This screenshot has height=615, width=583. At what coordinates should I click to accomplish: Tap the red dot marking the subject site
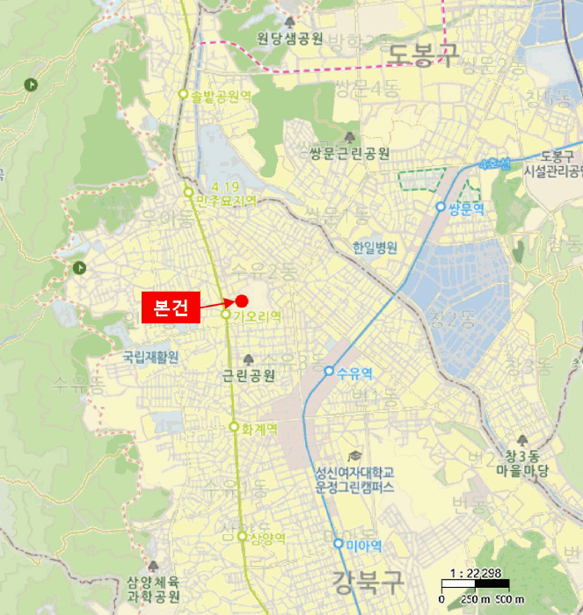click(x=242, y=300)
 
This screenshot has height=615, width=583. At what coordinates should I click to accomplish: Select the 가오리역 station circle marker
click(x=226, y=315)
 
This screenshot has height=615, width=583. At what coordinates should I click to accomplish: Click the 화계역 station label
click(x=259, y=429)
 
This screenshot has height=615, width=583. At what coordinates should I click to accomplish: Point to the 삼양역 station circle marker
click(x=242, y=536)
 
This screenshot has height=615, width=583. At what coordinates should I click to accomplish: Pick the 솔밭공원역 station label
click(x=221, y=95)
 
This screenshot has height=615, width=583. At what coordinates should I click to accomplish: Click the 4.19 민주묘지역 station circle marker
click(x=188, y=192)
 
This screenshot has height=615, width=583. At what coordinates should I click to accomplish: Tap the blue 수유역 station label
click(x=354, y=373)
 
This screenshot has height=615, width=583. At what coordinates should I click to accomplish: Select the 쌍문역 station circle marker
click(x=441, y=207)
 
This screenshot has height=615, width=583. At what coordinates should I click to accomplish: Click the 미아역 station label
click(x=363, y=546)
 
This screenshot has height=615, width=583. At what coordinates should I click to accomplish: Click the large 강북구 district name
click(x=367, y=580)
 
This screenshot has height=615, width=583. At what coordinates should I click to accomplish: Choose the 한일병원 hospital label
click(x=374, y=248)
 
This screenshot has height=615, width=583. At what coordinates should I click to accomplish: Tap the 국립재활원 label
click(x=150, y=357)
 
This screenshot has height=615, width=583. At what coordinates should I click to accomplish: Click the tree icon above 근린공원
click(x=249, y=359)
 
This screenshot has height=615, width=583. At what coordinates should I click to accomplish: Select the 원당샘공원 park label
click(x=290, y=39)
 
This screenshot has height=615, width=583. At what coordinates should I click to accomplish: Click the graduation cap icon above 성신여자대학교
click(x=354, y=456)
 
